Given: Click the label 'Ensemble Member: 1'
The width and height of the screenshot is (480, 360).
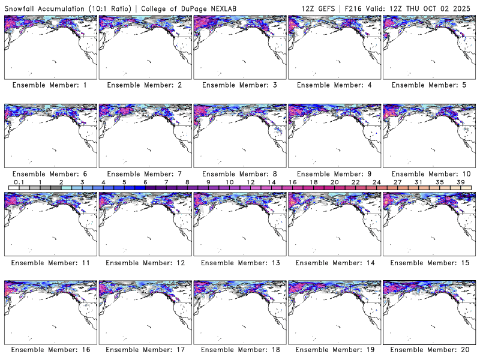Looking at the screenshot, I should tap(50, 85).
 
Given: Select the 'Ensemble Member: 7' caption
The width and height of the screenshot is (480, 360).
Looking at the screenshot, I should tap(145, 174).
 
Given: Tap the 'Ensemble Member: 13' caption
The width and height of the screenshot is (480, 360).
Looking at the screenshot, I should tap(239, 263).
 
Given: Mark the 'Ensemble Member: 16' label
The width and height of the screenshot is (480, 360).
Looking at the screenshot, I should tap(50, 350).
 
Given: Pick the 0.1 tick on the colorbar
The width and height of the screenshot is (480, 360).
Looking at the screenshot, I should tap(19, 182).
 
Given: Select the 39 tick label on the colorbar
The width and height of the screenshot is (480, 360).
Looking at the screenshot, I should tap(460, 182).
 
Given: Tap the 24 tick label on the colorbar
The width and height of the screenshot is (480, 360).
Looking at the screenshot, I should tap(376, 182).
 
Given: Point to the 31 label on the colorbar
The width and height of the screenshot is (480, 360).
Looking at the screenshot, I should tap(418, 182).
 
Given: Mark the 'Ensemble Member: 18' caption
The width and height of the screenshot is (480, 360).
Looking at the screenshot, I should tap(239, 350).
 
